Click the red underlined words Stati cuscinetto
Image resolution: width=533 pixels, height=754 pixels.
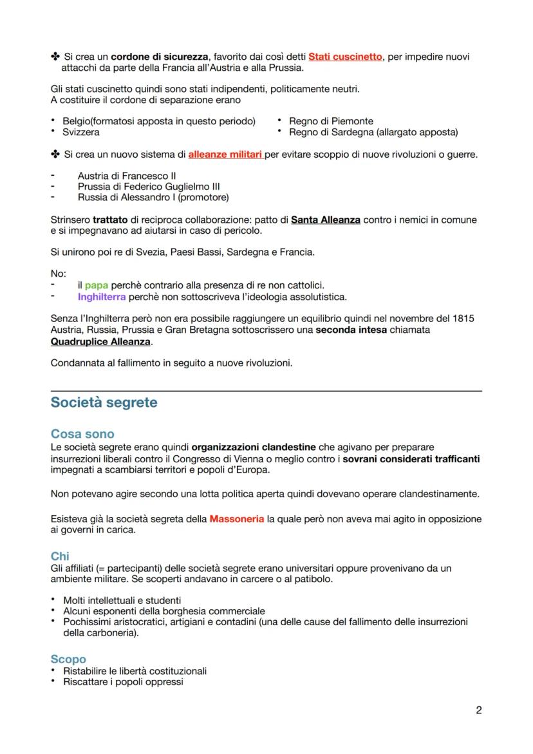345,57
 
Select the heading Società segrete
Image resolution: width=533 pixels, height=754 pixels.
104,402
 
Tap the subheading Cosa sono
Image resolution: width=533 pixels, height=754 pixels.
82,434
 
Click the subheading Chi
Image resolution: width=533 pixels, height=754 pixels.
60,556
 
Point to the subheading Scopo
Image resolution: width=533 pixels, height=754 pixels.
68,659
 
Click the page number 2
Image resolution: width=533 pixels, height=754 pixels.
478,710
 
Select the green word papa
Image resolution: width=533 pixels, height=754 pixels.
97,285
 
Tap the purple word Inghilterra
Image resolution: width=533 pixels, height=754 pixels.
102,297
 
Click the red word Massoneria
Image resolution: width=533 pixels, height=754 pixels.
236,518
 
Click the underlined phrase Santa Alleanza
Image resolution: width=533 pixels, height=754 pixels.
325,220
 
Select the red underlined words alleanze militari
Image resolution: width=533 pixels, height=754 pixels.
225,155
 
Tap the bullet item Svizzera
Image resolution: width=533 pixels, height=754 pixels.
81,132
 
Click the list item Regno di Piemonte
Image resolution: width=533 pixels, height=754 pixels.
331,121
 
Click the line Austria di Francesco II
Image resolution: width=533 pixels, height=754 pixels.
127,175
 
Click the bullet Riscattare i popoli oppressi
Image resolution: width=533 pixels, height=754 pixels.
123,681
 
